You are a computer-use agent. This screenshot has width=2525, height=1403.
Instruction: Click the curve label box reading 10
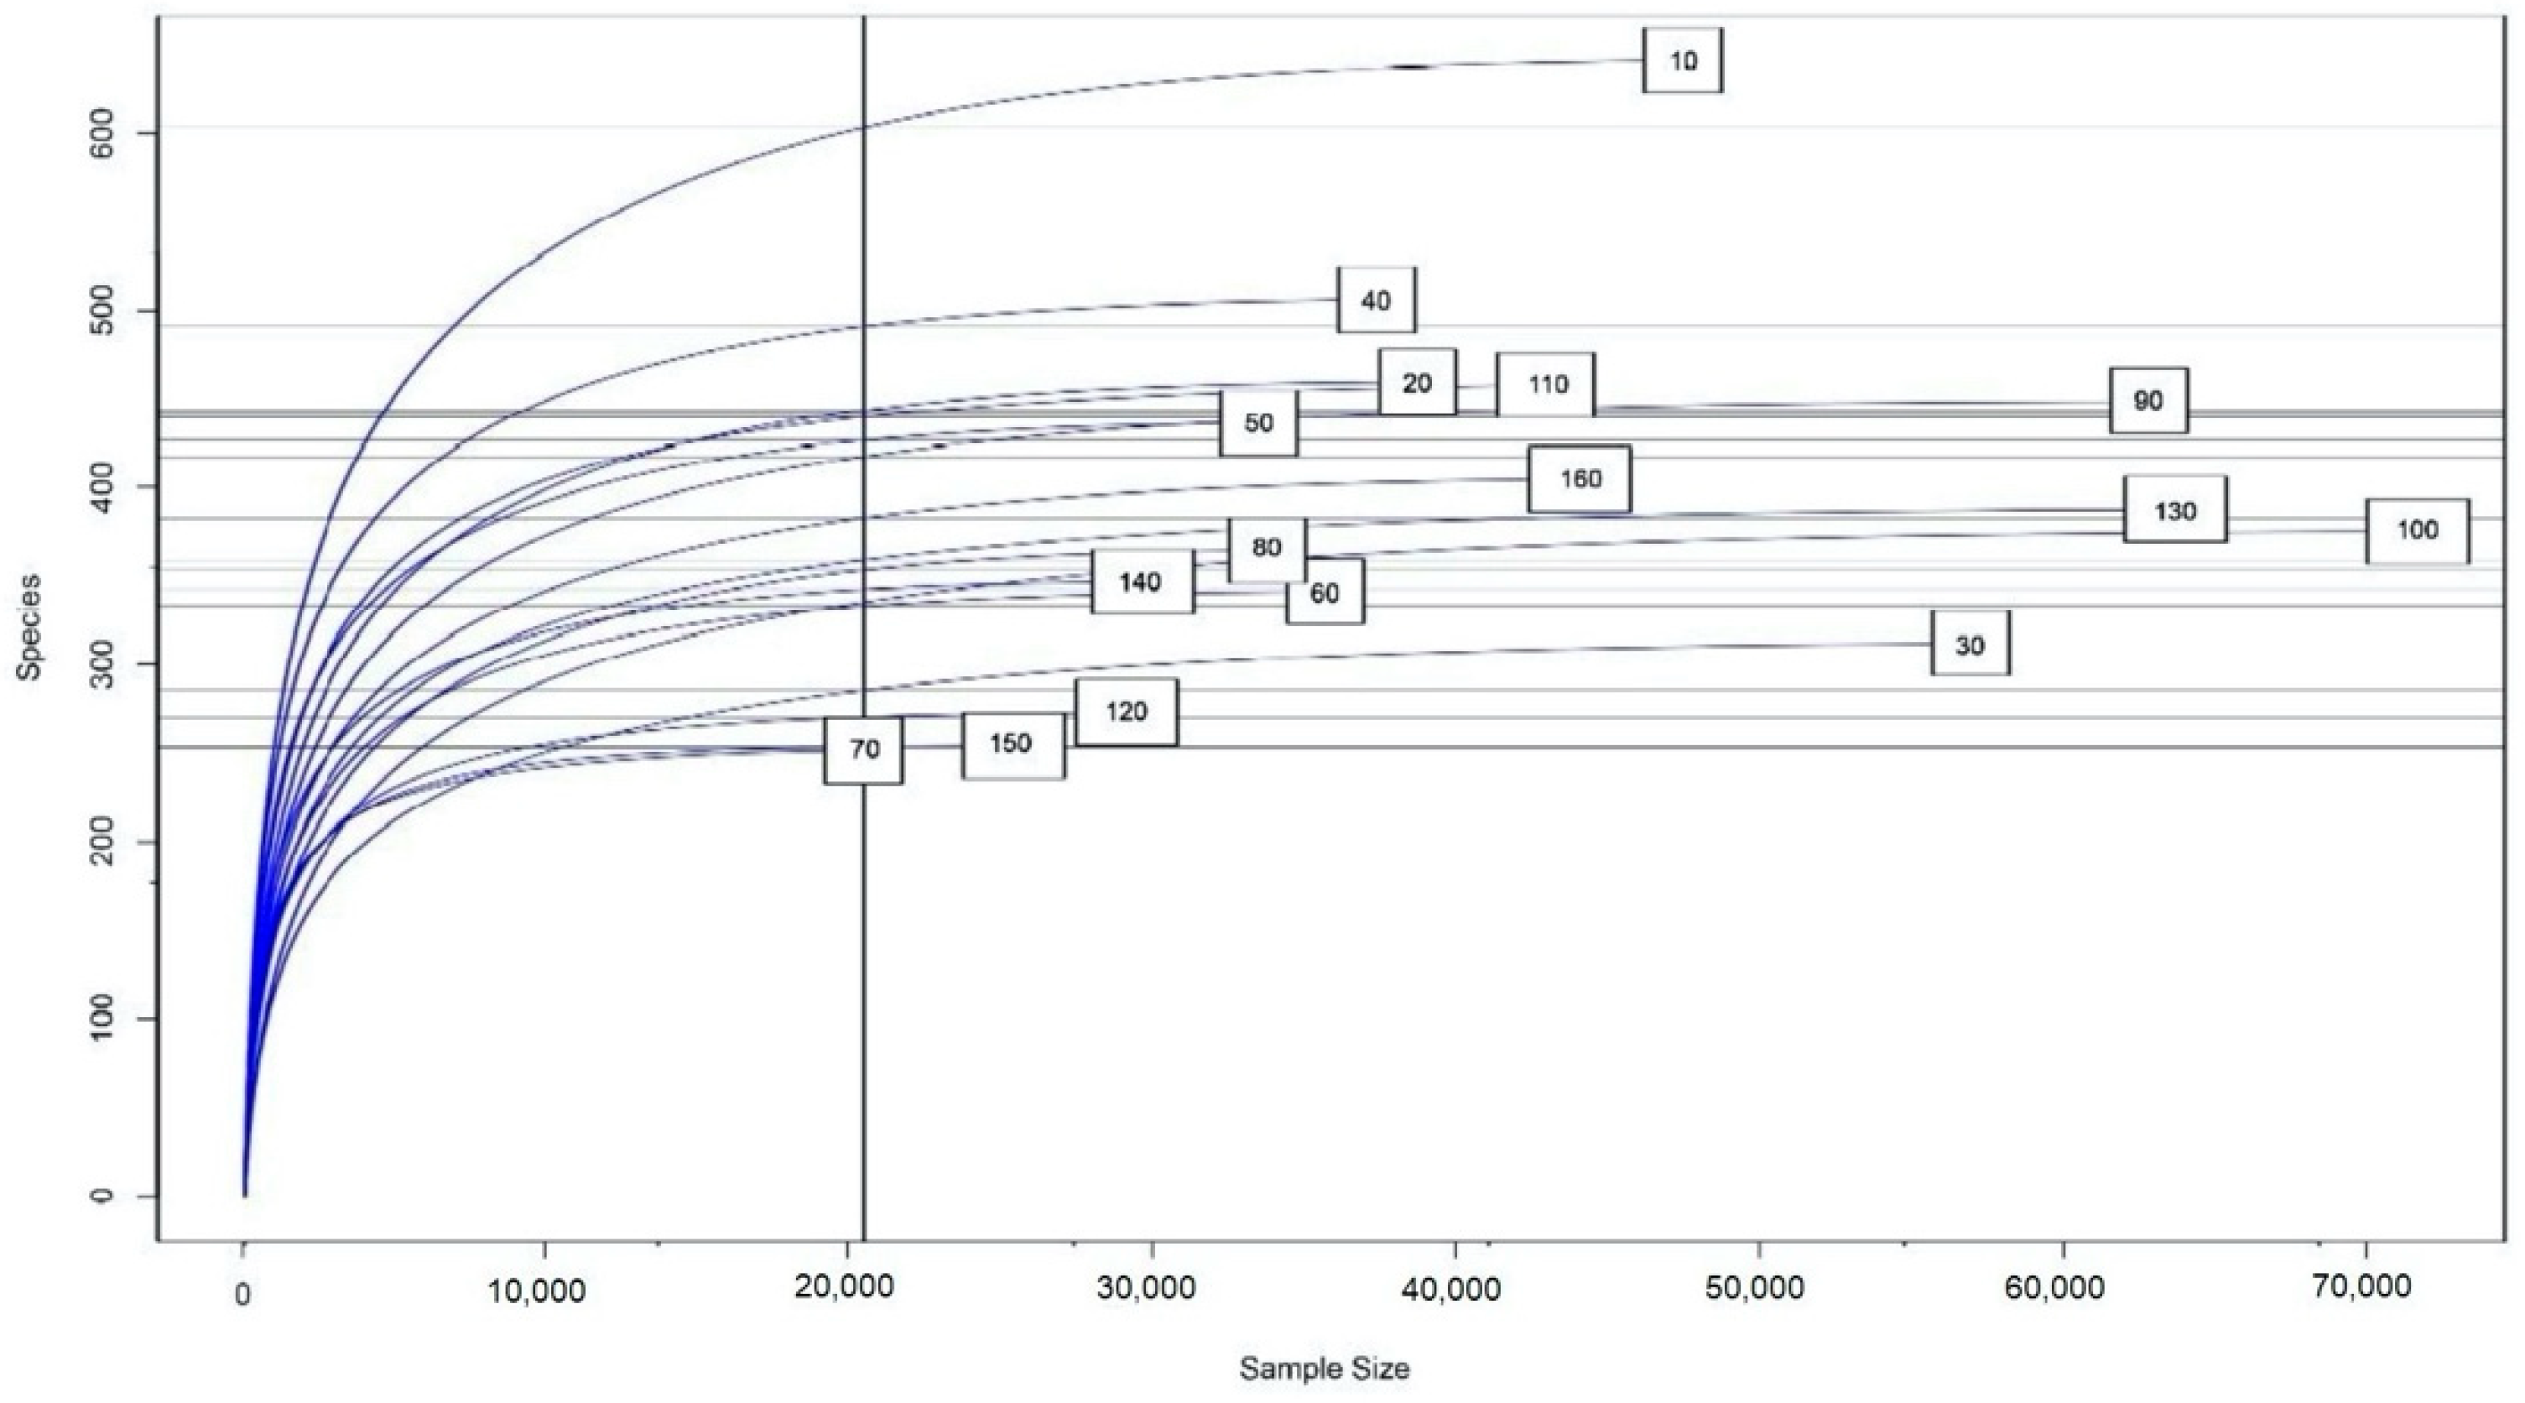click(1682, 60)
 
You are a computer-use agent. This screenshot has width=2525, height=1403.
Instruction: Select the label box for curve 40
click(1377, 300)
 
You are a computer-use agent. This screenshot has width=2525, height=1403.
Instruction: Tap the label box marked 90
click(2148, 400)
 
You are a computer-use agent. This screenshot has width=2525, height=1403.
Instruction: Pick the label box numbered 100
click(2416, 530)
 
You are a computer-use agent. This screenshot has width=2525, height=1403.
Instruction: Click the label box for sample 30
click(1971, 644)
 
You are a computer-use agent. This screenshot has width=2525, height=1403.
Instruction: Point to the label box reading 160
click(1579, 478)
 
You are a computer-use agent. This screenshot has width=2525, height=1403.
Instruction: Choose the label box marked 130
click(2174, 510)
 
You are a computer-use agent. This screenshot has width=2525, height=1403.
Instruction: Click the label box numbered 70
click(863, 750)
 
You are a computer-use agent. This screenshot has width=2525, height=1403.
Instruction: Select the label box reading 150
click(1013, 744)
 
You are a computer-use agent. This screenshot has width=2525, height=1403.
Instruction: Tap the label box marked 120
click(1127, 712)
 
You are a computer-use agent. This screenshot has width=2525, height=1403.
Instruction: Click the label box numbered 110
click(1546, 384)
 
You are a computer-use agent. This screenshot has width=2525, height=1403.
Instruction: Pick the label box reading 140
click(1142, 582)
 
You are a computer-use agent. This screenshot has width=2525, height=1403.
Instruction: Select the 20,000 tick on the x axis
click(844, 1286)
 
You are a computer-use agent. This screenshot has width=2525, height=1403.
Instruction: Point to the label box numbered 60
click(1325, 593)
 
